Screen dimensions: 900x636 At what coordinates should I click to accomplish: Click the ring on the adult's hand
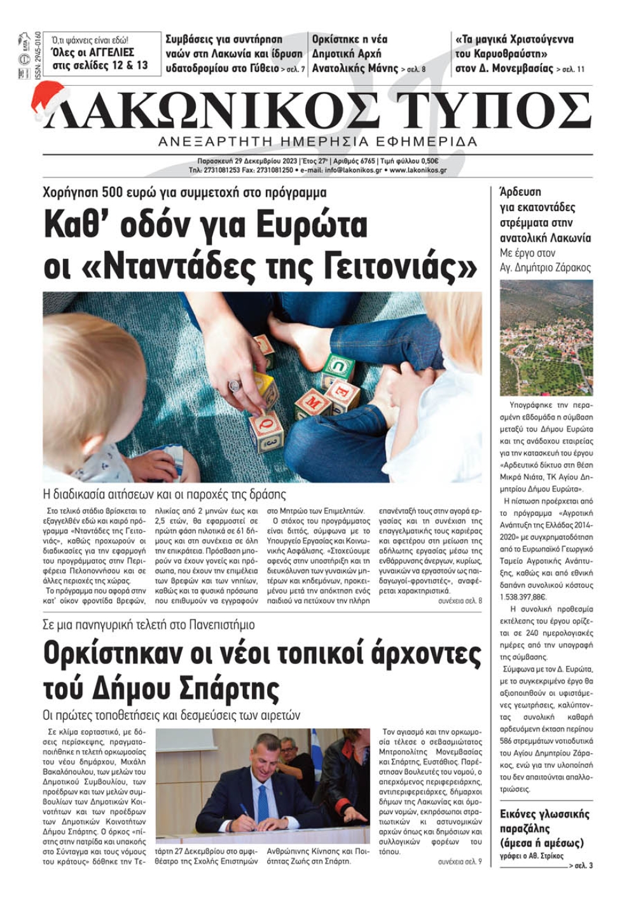234,385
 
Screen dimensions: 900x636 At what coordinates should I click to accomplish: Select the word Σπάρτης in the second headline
226,688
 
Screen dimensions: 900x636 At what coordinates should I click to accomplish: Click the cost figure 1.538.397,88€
523,597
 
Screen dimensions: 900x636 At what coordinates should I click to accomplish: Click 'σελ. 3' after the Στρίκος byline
583,866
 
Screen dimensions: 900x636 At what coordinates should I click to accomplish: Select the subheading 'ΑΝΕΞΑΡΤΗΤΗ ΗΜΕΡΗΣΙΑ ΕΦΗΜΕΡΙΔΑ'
318,141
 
